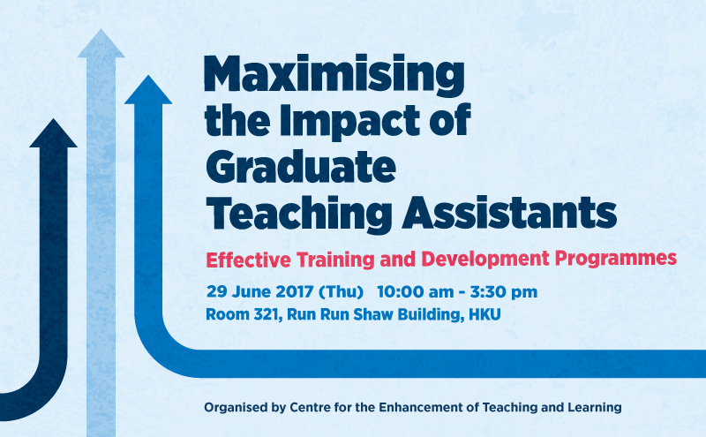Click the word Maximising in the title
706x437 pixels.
pyautogui.click(x=334, y=76)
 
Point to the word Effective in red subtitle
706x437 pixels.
pyautogui.click(x=249, y=260)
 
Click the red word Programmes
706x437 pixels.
pyautogui.click(x=615, y=260)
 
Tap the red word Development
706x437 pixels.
pyautogui.click(x=485, y=260)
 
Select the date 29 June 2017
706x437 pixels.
pyautogui.click(x=259, y=292)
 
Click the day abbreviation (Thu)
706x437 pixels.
pyautogui.click(x=341, y=292)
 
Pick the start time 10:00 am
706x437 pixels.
pyautogui.click(x=415, y=292)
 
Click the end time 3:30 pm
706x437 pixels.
pyautogui.click(x=504, y=292)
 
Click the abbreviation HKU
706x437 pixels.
pyautogui.click(x=484, y=314)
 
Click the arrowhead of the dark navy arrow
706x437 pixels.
pyautogui.click(x=53, y=133)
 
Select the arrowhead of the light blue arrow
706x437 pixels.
pyautogui.click(x=101, y=44)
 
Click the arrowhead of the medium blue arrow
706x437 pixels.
pyautogui.click(x=148, y=90)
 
